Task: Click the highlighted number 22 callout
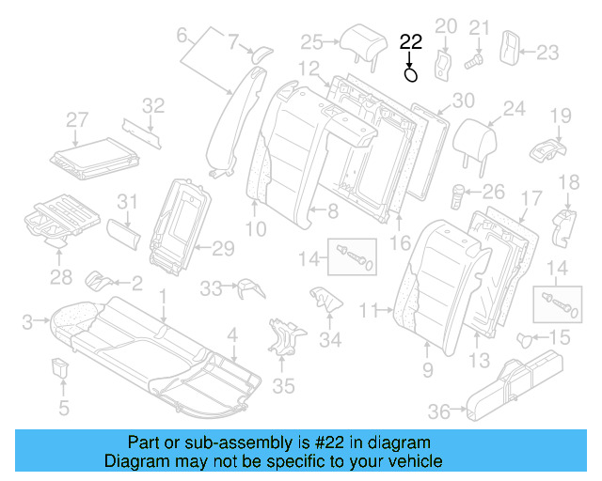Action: point(411,41)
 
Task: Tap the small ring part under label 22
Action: point(411,73)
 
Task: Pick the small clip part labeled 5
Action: point(62,366)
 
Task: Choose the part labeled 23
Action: point(510,48)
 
